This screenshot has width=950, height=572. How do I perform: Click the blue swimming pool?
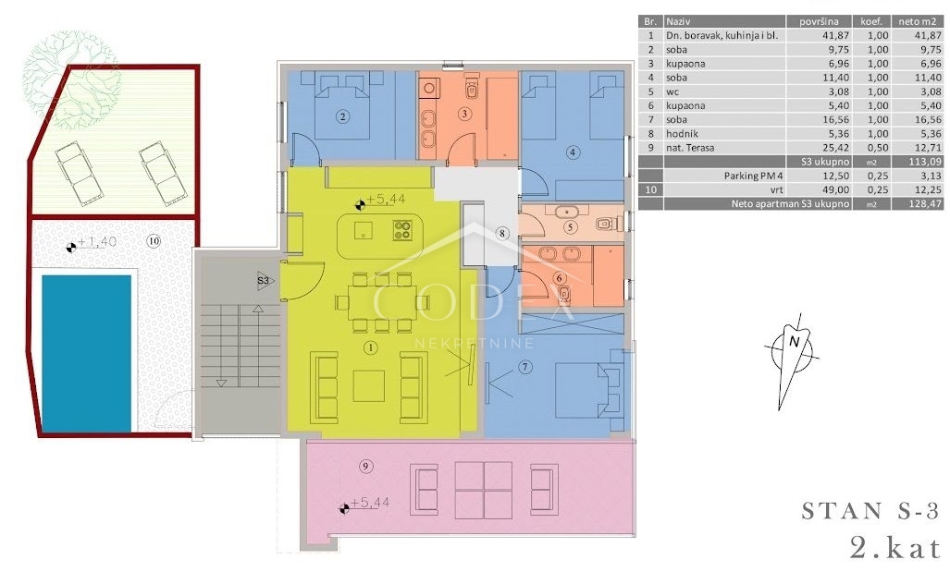click(86, 354)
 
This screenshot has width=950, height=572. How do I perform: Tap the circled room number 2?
click(343, 116)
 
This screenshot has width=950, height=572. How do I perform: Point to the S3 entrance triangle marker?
click(265, 281)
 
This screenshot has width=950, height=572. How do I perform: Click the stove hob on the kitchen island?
click(402, 230)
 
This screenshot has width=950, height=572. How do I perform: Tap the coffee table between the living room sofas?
click(368, 386)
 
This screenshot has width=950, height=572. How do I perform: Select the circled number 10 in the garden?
click(154, 241)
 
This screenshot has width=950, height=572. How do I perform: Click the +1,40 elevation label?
click(97, 242)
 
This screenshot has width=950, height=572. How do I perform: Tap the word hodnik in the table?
click(682, 134)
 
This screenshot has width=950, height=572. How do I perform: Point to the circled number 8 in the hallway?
click(501, 233)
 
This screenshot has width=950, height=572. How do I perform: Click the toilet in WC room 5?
click(606, 224)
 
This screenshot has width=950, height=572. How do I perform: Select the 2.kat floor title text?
click(894, 549)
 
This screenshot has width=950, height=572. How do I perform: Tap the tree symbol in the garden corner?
click(71, 79)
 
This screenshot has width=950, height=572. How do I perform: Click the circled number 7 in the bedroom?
click(524, 367)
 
